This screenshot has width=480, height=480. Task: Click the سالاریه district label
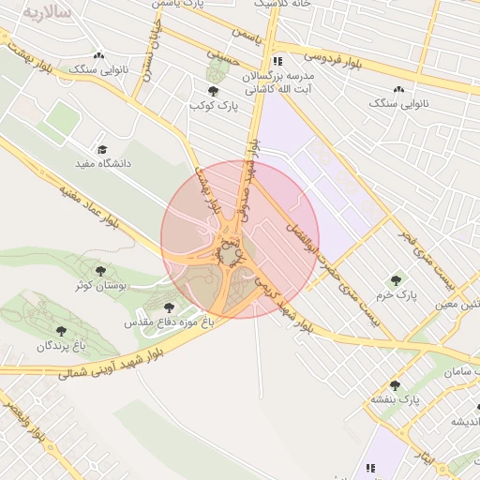[x=46, y=12]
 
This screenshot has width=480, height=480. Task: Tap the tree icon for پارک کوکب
[x=214, y=91]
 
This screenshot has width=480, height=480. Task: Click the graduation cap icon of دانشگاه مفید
[x=102, y=149]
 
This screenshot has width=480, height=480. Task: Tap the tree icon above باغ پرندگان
[x=62, y=331]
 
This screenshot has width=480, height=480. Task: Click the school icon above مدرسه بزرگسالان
[x=276, y=61]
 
